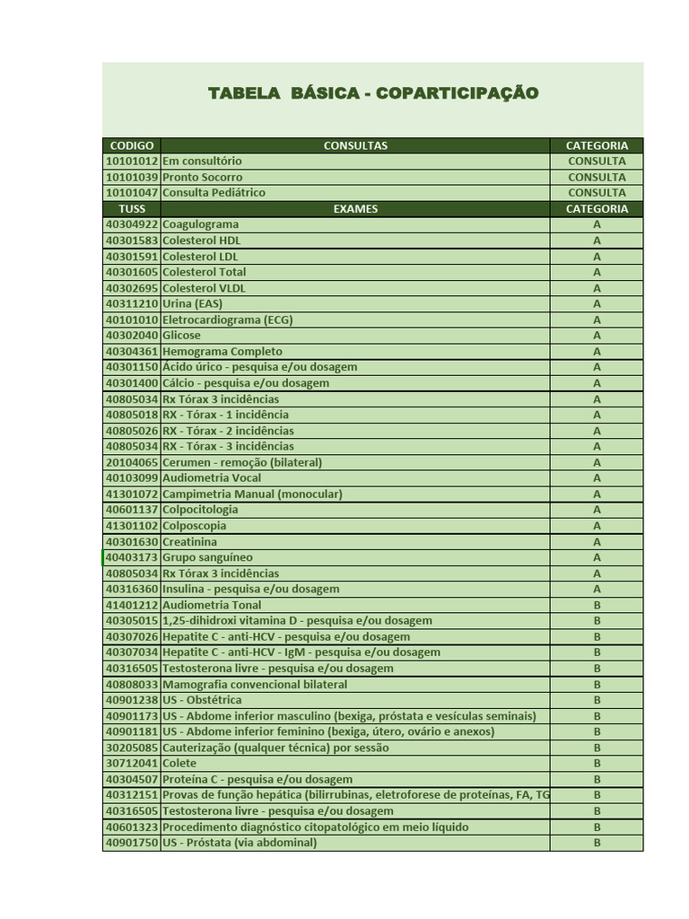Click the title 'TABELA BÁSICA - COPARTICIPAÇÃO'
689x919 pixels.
click(x=373, y=93)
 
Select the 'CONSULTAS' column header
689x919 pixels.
click(x=355, y=145)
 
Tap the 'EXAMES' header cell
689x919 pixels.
click(x=355, y=209)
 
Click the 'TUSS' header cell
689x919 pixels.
click(x=132, y=209)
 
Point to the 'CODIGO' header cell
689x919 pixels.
click(x=132, y=145)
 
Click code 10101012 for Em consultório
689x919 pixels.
click(x=132, y=162)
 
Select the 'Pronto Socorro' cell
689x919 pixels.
click(x=203, y=178)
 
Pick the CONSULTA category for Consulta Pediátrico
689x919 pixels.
click(x=597, y=193)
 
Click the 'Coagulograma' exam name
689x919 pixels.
click(x=201, y=224)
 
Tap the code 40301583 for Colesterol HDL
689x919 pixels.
click(x=132, y=241)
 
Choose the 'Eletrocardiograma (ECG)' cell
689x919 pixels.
click(x=228, y=319)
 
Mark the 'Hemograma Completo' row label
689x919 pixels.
click(x=222, y=352)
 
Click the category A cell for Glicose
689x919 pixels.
click(x=597, y=336)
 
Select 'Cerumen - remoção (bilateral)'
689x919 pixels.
click(x=242, y=462)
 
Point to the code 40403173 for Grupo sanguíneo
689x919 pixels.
click(x=132, y=557)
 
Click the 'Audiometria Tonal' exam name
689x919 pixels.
click(x=212, y=605)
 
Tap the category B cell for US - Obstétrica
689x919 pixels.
click(x=597, y=700)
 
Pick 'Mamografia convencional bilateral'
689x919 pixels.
click(x=255, y=684)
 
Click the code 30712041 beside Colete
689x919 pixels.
click(x=132, y=764)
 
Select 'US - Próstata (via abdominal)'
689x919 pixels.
click(x=240, y=843)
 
